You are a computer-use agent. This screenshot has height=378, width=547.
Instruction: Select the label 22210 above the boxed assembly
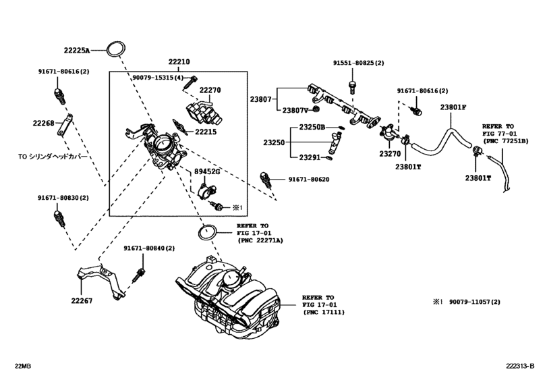179,61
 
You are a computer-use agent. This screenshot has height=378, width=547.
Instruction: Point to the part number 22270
210,89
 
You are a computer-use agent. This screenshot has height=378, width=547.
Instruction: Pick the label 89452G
208,172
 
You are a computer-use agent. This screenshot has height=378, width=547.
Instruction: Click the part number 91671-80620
310,179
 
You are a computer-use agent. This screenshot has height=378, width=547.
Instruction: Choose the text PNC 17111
322,313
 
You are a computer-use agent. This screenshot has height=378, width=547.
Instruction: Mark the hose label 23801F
453,107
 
